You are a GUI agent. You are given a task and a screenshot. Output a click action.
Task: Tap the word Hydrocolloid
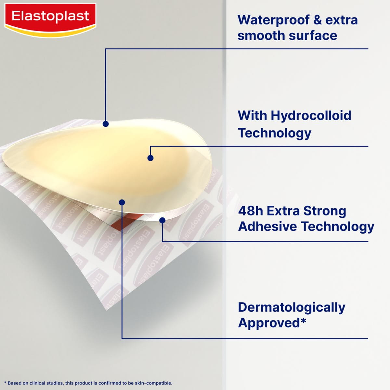(311, 115)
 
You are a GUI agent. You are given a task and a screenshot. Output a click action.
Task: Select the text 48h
(250, 211)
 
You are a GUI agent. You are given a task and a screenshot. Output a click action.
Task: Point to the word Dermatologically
(292, 307)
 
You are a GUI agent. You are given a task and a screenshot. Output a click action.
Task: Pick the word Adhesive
(267, 227)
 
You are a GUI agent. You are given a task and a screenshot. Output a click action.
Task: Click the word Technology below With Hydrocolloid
(274, 133)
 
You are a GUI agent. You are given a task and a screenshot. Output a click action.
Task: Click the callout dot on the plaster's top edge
(106, 124)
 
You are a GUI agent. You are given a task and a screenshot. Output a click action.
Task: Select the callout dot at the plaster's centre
(150, 158)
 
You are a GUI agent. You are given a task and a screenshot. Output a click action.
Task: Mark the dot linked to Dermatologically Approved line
(122, 202)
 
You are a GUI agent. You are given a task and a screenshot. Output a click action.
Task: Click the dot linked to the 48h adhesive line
(162, 220)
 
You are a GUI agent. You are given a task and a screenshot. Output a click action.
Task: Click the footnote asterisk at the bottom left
(5, 383)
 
